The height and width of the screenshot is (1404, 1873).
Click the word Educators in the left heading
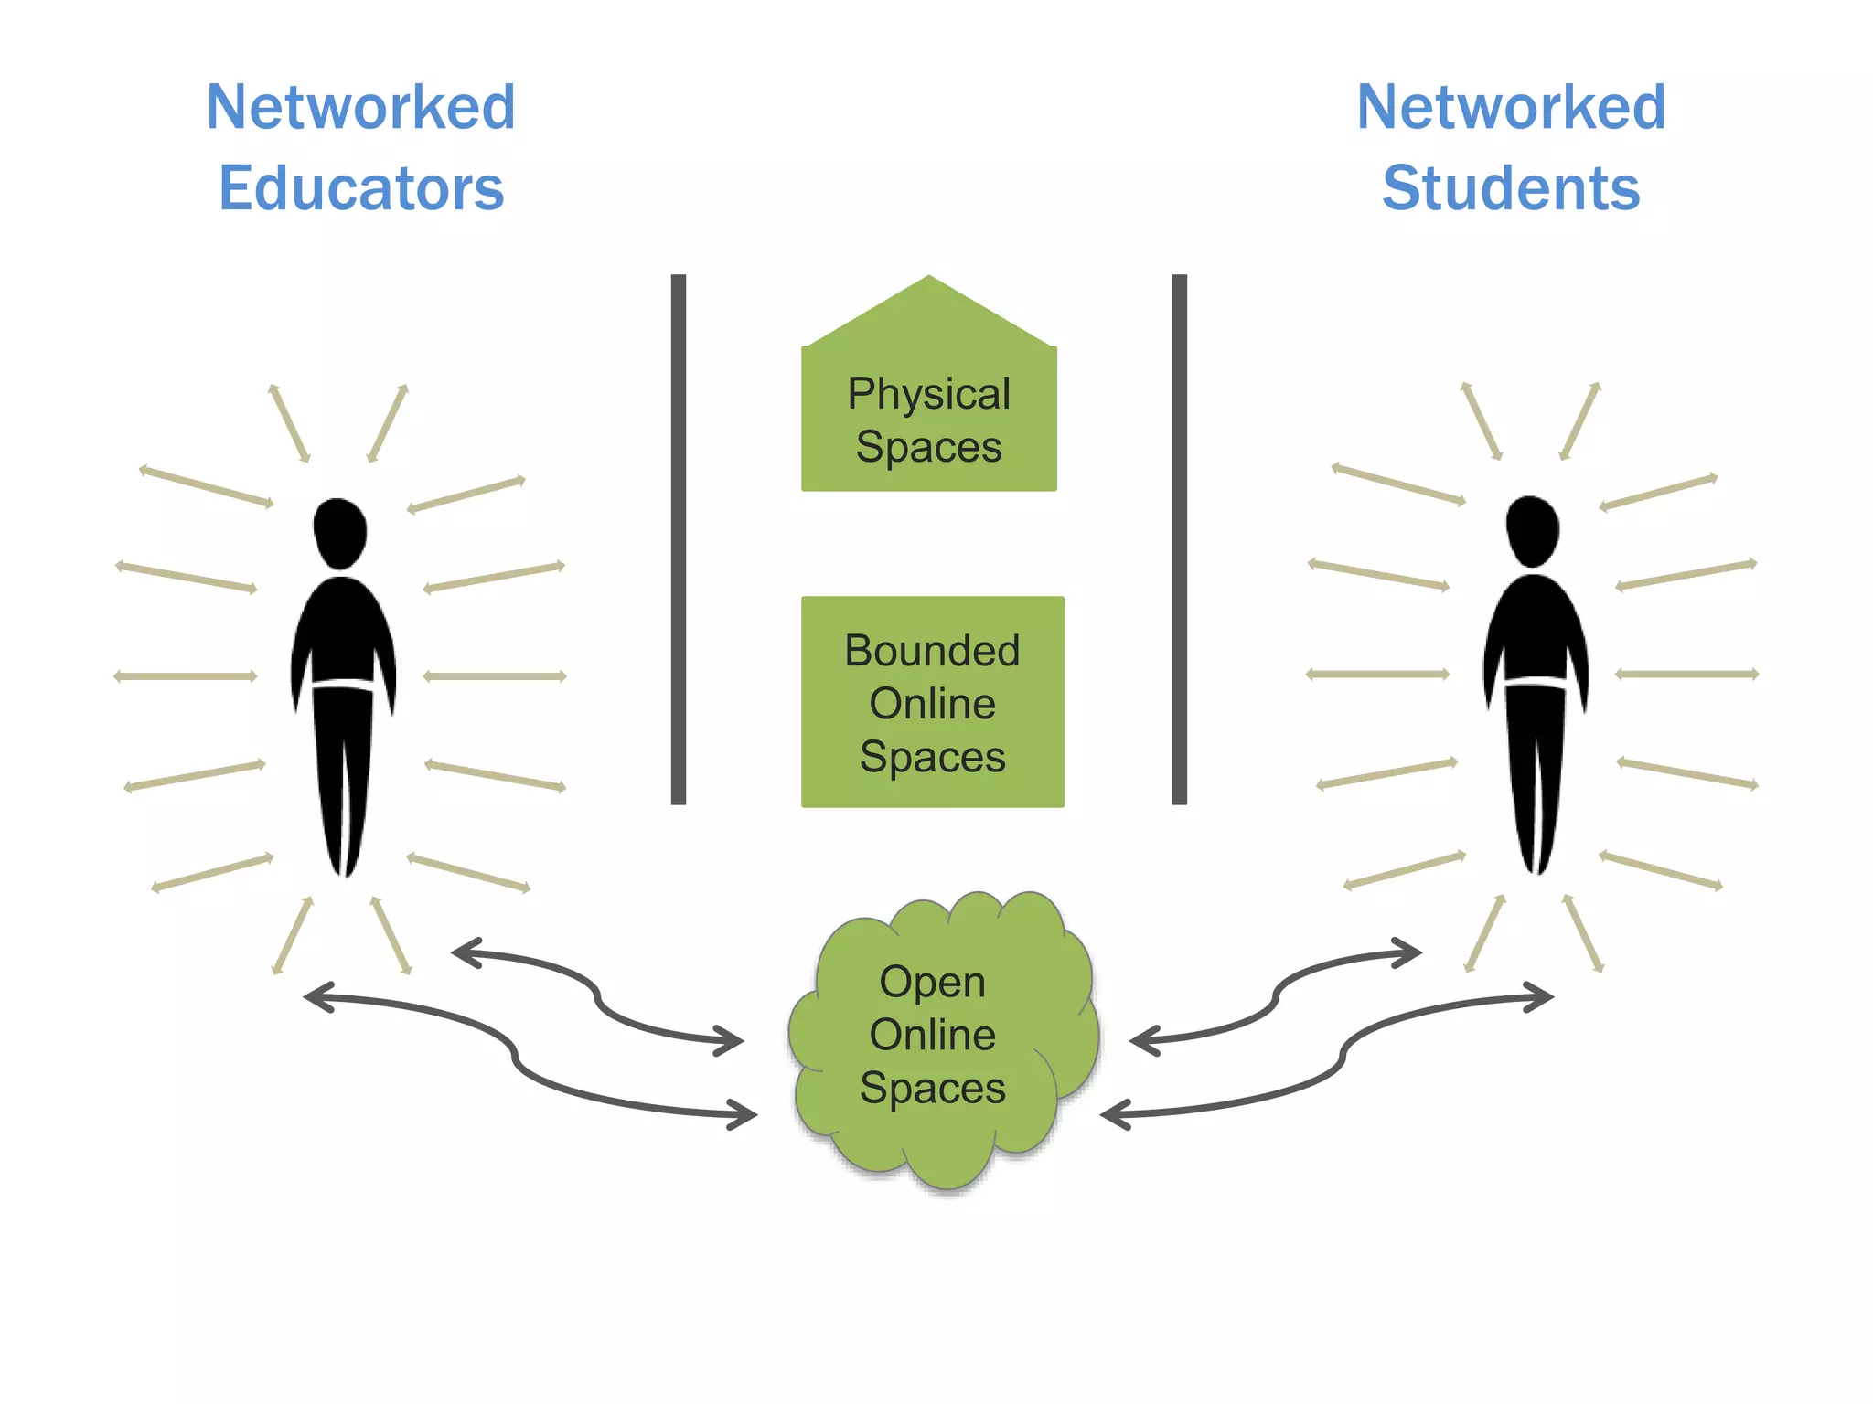click(361, 188)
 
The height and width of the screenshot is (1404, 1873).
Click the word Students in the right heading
click(1511, 188)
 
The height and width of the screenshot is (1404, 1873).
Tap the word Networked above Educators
click(361, 107)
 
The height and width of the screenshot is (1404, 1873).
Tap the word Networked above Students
click(1511, 107)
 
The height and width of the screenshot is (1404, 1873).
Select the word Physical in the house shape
click(928, 394)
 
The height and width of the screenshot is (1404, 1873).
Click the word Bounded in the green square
click(932, 651)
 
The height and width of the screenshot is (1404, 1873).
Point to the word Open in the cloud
click(932, 983)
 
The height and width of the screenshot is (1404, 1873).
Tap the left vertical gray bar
click(678, 539)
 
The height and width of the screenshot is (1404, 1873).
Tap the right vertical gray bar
click(1179, 539)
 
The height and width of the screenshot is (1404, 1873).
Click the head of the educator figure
click(340, 532)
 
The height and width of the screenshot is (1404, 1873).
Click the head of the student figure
click(1533, 530)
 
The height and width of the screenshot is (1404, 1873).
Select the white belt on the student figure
click(1536, 682)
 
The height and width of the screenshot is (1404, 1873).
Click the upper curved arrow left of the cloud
click(599, 997)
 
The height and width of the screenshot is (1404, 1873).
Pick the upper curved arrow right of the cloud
click(1275, 997)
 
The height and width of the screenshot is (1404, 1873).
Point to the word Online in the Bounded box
click(932, 704)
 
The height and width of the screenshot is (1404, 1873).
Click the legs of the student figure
click(1536, 777)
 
